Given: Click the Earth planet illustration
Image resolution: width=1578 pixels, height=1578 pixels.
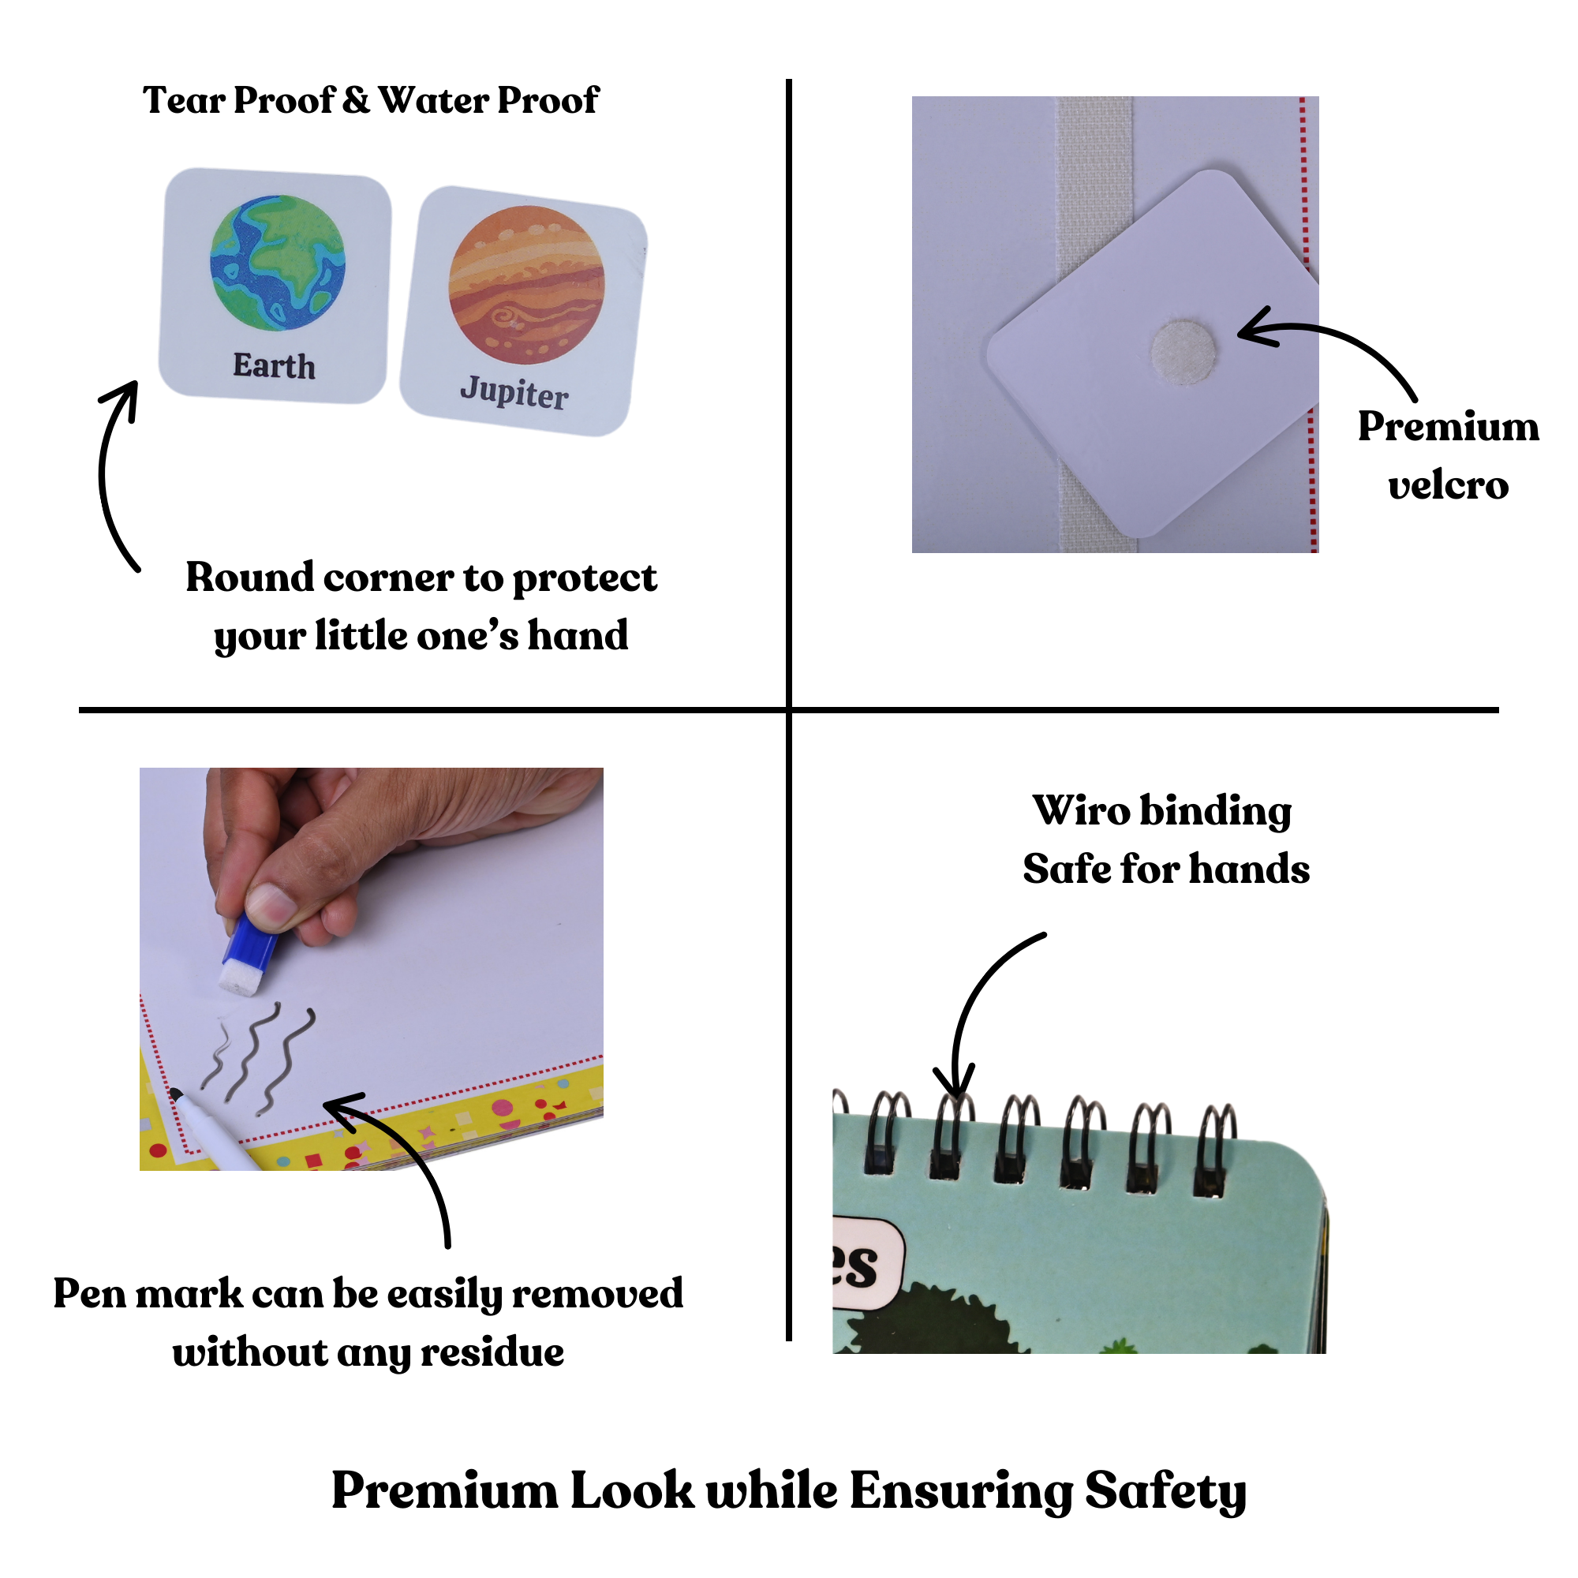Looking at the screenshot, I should (278, 262).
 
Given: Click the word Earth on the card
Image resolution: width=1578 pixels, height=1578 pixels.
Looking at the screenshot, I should (274, 365).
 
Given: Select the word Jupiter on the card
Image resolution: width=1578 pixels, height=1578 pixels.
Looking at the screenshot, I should (514, 393).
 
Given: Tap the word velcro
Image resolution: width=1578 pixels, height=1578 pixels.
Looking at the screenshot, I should (1447, 485).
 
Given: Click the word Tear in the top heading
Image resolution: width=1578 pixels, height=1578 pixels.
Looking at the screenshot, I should (184, 100).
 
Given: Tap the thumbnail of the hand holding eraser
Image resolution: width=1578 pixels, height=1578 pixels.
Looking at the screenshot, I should (371, 968).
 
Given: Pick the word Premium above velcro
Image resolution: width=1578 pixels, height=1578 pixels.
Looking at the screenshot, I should (1447, 426).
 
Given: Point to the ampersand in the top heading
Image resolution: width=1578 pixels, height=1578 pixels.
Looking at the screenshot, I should (356, 100).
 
